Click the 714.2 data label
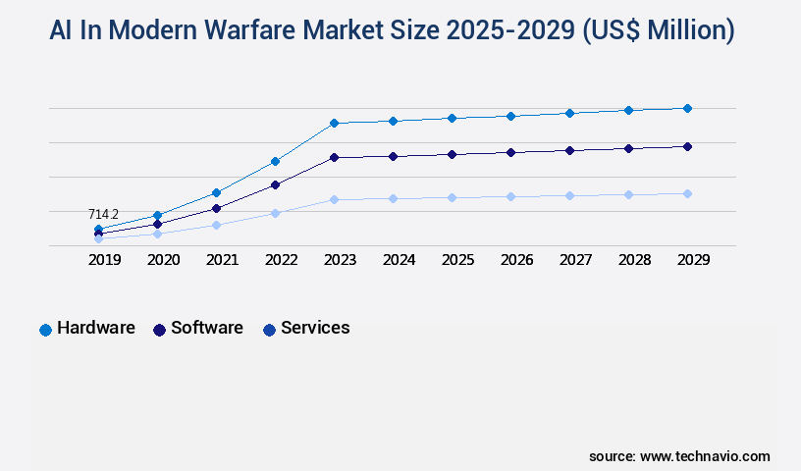103,214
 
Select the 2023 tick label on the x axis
340,260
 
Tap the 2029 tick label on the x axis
693,260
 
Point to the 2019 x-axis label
104,260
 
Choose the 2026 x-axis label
516,260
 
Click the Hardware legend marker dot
45,330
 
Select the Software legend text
206,328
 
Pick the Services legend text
315,328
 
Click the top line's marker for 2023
334,123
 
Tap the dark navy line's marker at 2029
687,146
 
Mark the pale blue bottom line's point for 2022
275,213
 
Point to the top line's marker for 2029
687,108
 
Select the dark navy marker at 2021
216,208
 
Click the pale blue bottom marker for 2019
98,238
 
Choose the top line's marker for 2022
275,161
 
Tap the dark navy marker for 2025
452,154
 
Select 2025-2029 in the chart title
510,31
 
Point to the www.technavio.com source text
705,456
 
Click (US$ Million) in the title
659,31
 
